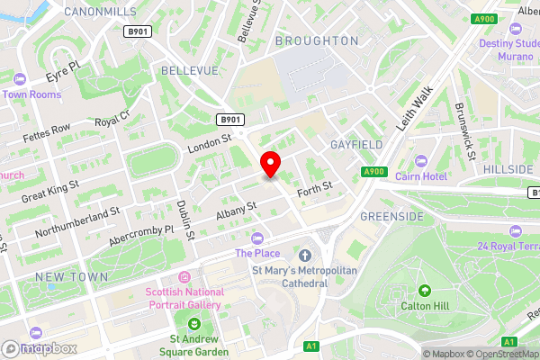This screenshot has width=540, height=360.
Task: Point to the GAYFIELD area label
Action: tap(356, 144)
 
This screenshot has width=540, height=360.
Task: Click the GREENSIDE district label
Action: tap(391, 217)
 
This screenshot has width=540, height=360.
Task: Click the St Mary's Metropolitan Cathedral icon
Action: tap(305, 256)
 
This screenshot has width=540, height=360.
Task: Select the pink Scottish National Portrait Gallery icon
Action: tap(184, 276)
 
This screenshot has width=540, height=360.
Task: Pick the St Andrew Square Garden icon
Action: tap(193, 323)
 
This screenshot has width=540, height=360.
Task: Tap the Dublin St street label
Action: tap(186, 220)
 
